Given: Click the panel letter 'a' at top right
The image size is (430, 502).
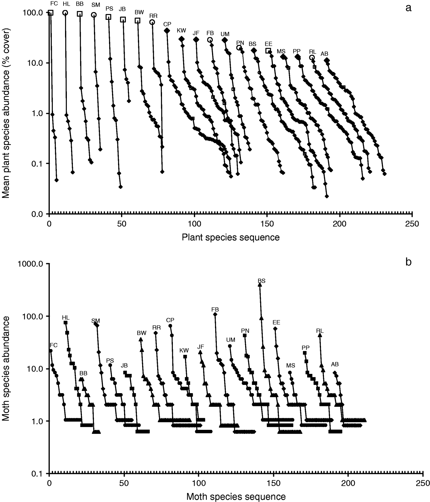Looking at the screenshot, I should click(408, 8).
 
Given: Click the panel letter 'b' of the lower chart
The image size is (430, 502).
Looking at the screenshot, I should click(408, 262).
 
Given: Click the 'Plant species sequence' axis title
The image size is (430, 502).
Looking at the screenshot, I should click(231, 237).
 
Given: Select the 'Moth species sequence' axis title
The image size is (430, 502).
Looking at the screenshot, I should click(236, 496).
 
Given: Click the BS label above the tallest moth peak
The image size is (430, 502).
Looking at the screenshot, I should click(261, 281).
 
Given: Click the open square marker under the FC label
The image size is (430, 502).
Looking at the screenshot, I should click(51, 13).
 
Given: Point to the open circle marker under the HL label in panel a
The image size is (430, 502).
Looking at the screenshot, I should click(65, 13).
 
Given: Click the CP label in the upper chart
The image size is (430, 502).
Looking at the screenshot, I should click(167, 24).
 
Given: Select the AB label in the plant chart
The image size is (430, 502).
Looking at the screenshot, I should click(324, 54).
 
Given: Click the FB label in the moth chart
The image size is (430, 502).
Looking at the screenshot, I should click(215, 310).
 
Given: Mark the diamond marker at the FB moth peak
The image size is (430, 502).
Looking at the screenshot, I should click(215, 314).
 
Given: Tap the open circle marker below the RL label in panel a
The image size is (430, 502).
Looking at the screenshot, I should click(312, 57).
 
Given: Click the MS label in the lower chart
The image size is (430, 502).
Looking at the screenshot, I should click(291, 365).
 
